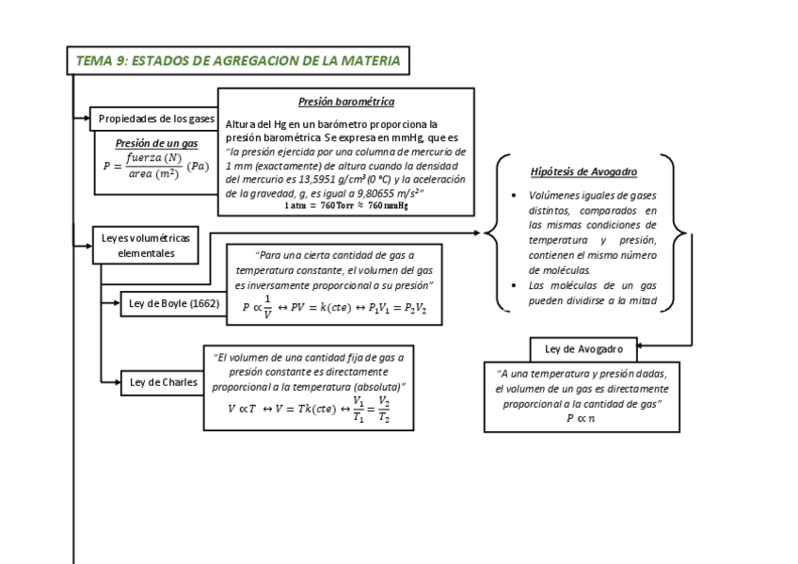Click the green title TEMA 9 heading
[238, 61]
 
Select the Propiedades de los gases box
[156, 119]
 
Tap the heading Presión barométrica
[345, 102]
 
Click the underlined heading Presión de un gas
[156, 143]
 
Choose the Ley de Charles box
[164, 381]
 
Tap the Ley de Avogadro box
[583, 349]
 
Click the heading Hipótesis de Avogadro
[583, 172]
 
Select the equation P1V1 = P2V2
[396, 308]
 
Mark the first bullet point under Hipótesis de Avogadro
[511, 195]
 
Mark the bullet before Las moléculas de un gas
[511, 285]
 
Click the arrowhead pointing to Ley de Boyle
[115, 303]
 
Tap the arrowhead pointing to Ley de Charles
[115, 381]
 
